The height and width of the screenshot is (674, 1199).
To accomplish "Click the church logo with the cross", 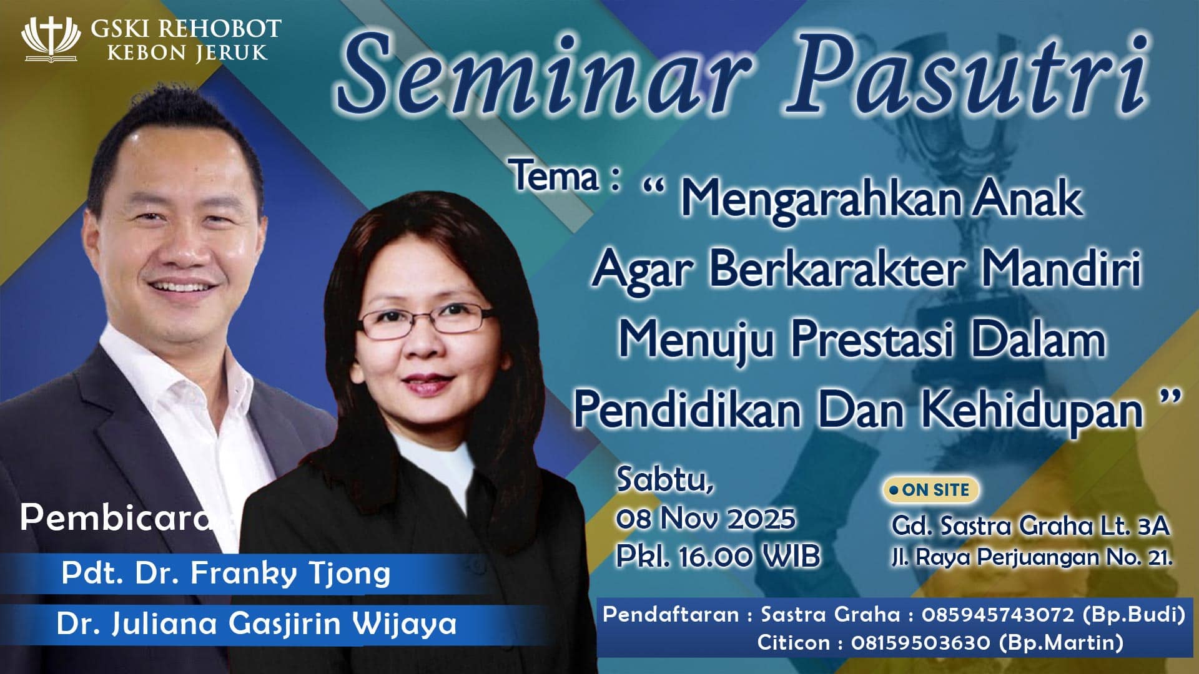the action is click(x=51, y=40).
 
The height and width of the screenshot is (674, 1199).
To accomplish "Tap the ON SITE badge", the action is click(x=930, y=490).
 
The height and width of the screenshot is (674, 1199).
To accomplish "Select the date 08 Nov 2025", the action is click(x=706, y=518).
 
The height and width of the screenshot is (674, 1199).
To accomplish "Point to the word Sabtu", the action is click(x=664, y=481).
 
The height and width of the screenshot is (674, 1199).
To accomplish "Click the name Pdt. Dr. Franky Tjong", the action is click(x=226, y=574).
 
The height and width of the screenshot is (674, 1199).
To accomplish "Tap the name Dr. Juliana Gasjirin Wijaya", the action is click(x=257, y=623).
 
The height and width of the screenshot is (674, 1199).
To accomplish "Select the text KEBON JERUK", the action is click(x=187, y=52).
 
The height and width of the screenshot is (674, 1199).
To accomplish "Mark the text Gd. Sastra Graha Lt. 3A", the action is click(x=1030, y=526).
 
